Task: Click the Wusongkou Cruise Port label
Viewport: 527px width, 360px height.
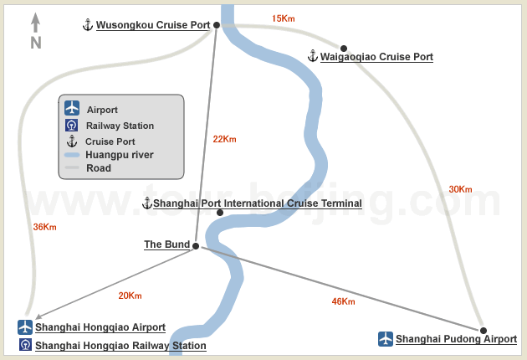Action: pos(153,25)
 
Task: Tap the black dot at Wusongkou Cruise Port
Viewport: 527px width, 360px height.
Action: pos(217,25)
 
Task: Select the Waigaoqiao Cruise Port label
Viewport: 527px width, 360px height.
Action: pos(376,57)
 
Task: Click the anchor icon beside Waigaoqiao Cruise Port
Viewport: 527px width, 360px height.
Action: pos(313,56)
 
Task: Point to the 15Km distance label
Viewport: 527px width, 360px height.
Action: pos(284,18)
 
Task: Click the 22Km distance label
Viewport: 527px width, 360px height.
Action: pos(224,139)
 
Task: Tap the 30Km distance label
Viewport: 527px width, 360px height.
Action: pos(460,189)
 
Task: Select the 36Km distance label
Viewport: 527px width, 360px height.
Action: pos(44,227)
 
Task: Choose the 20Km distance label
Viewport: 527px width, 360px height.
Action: pos(130,296)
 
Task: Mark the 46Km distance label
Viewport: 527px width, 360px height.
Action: pos(343,301)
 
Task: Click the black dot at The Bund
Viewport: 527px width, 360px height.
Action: pos(196,246)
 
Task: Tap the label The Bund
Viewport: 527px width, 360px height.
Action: pos(167,244)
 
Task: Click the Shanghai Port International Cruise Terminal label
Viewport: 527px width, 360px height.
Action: pos(258,203)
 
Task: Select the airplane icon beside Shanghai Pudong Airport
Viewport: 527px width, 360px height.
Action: pos(386,339)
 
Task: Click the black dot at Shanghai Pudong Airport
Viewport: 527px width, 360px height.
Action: pos(484,331)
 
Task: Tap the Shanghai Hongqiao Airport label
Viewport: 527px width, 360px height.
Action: pos(100,327)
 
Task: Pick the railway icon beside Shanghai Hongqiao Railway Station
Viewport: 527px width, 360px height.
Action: pos(25,345)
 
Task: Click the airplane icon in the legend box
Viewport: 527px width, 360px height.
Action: pos(72,108)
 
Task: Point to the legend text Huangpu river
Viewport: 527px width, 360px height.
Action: pos(120,155)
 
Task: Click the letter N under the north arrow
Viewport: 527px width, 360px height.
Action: pos(36,43)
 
